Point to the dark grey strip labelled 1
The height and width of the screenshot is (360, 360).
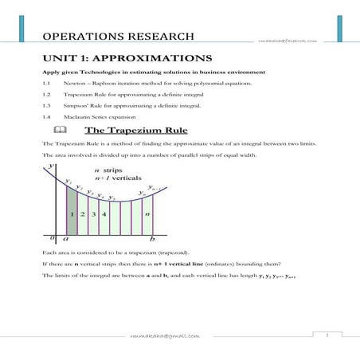[72, 213]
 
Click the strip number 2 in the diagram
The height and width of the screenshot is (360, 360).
[84, 213]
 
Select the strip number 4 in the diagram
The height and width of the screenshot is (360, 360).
[104, 213]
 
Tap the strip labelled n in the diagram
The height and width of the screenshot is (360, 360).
[147, 213]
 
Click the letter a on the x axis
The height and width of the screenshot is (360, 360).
[65, 238]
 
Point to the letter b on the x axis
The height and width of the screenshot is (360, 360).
[153, 238]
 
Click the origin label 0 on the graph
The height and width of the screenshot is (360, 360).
[52, 237]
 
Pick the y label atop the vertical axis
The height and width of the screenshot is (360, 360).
[51, 165]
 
